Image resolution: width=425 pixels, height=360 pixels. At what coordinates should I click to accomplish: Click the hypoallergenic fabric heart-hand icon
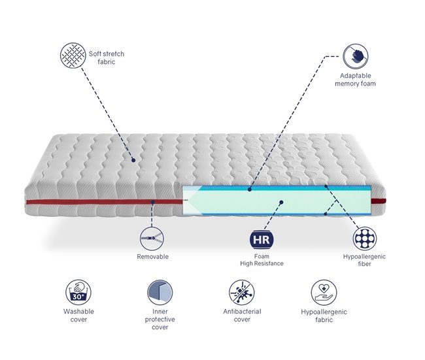[323, 292]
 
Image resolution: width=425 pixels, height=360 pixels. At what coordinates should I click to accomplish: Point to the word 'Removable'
[152, 257]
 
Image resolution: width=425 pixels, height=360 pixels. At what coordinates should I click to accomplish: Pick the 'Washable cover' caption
[78, 316]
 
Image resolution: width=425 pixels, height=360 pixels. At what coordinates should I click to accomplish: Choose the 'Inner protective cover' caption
[159, 319]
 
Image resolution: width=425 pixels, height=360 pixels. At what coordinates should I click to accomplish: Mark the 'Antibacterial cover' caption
[241, 316]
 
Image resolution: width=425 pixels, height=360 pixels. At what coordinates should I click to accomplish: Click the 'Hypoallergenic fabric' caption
[323, 316]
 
